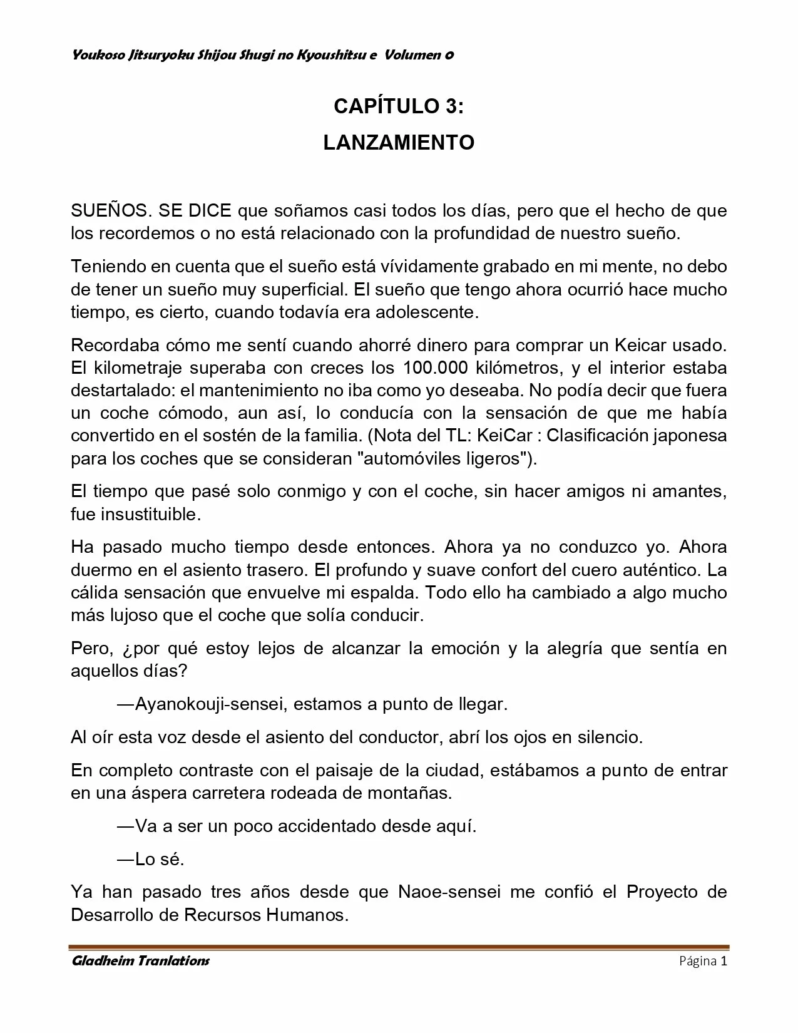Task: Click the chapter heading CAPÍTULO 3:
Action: point(399,106)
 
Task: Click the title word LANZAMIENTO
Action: point(399,143)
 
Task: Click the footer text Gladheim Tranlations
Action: point(141,961)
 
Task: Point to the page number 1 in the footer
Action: point(724,961)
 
